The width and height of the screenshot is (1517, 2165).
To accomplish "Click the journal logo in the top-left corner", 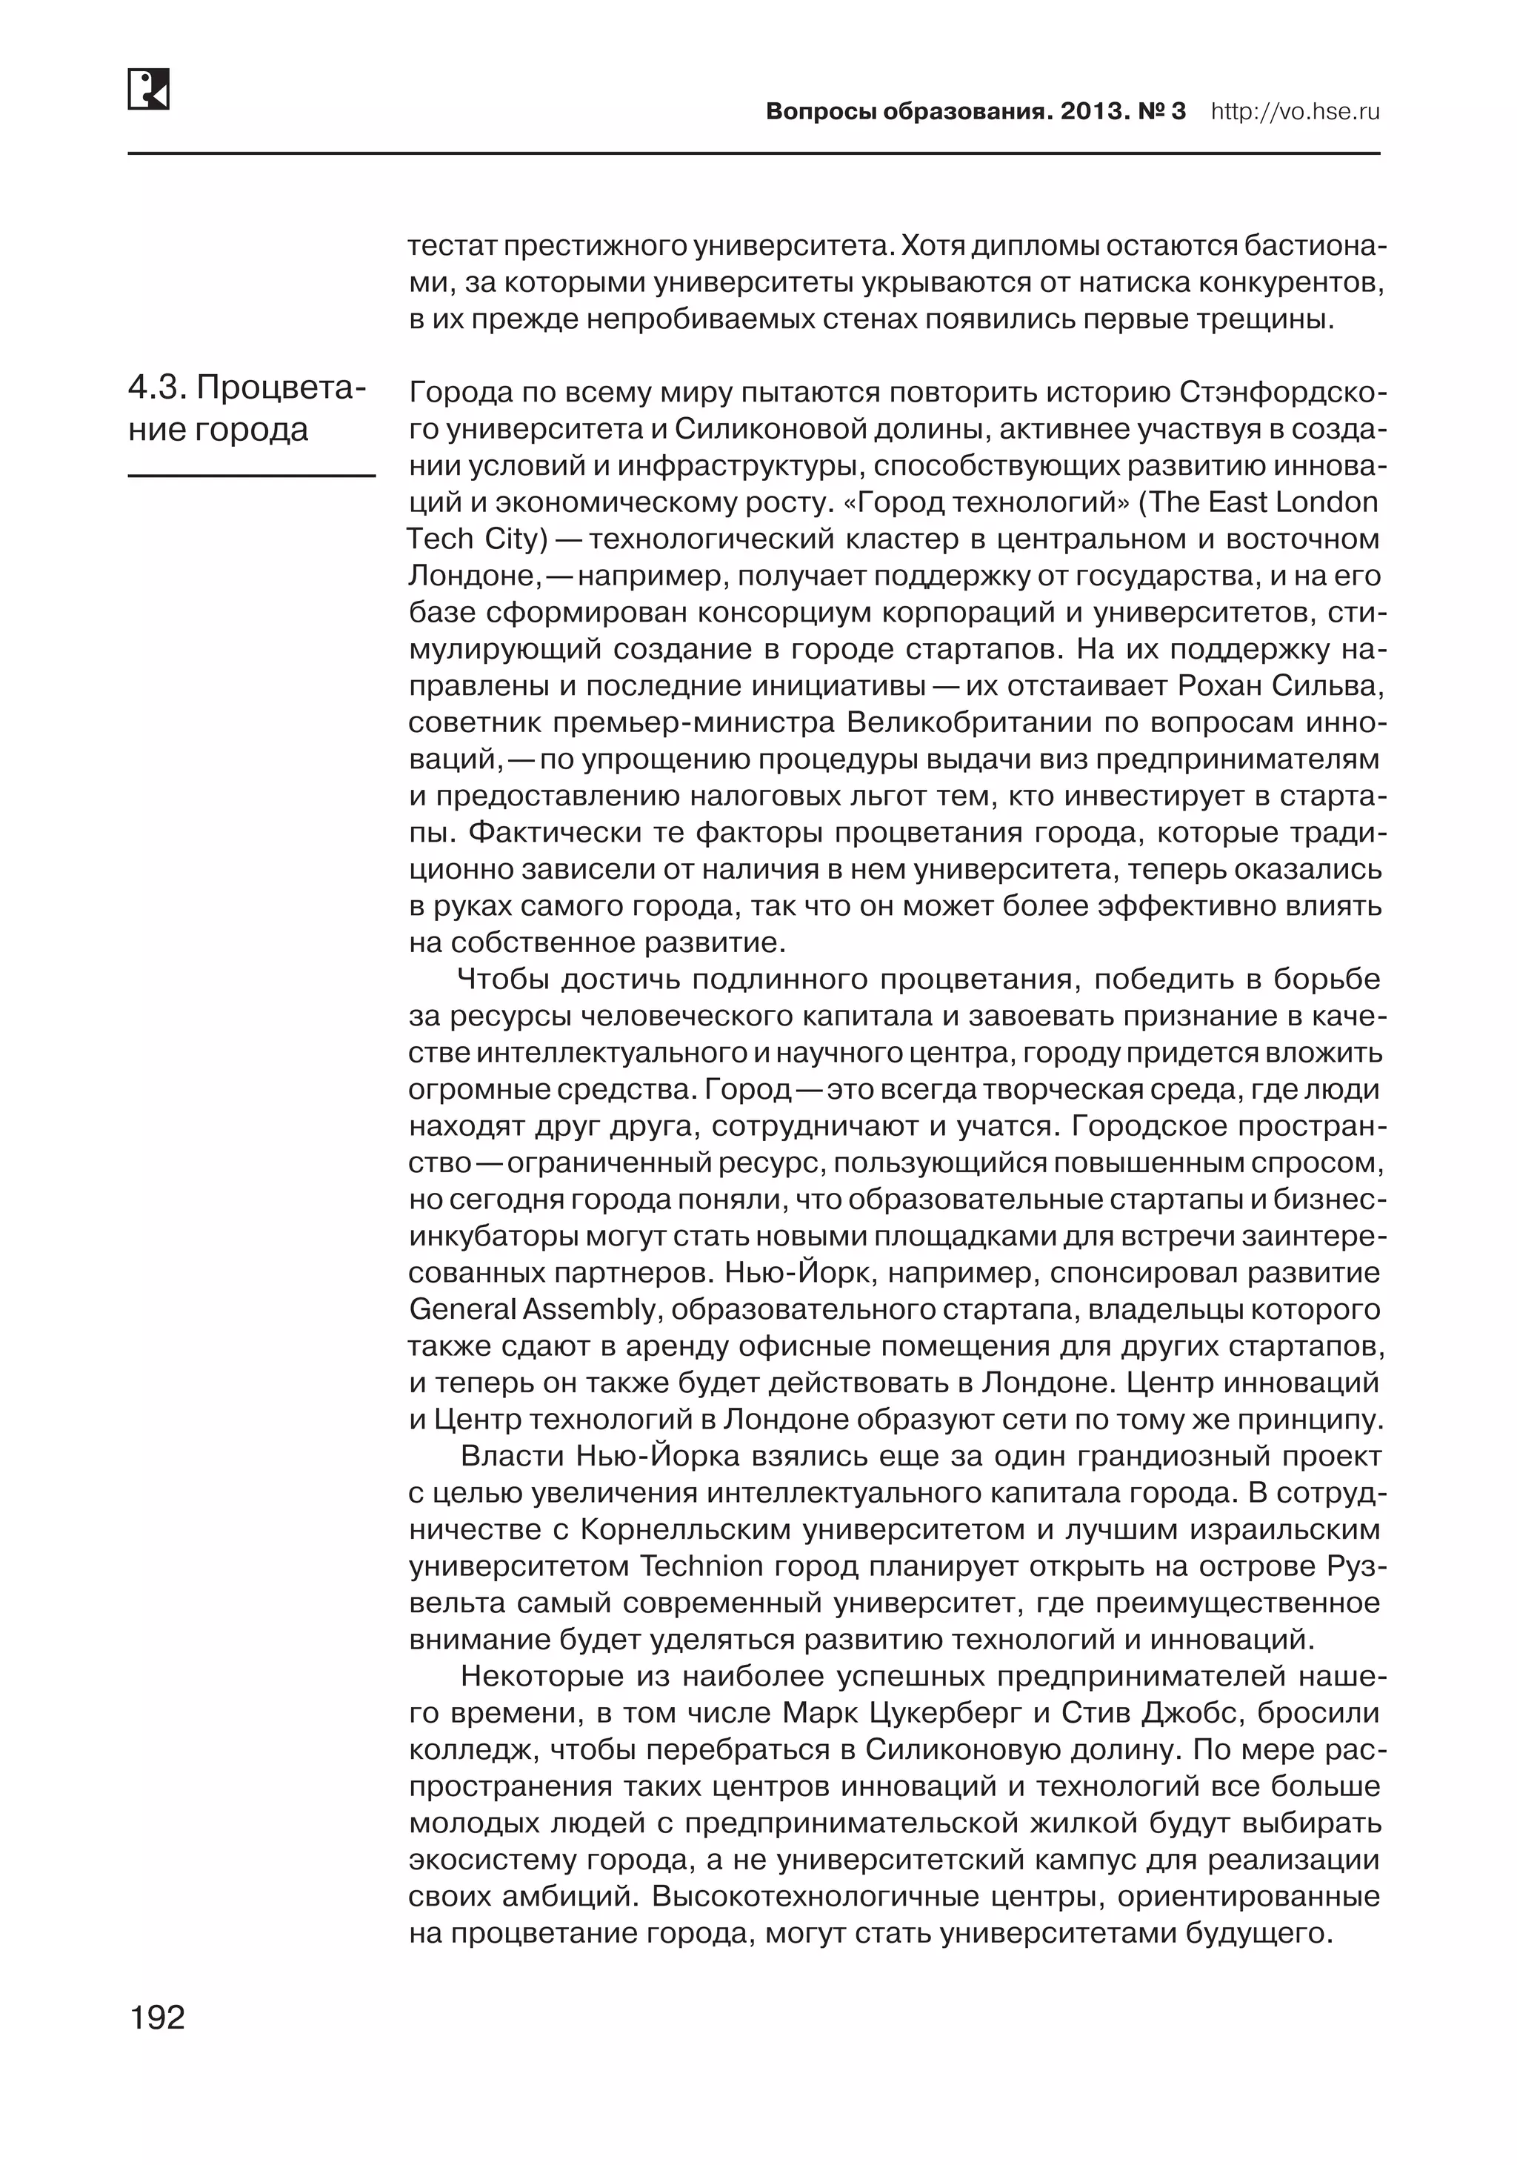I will click(148, 89).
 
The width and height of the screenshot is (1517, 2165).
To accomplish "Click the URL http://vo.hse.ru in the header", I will click(1295, 112).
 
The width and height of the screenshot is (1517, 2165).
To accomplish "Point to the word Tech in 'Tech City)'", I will click(439, 539).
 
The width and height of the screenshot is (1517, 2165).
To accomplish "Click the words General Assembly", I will click(532, 1310).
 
